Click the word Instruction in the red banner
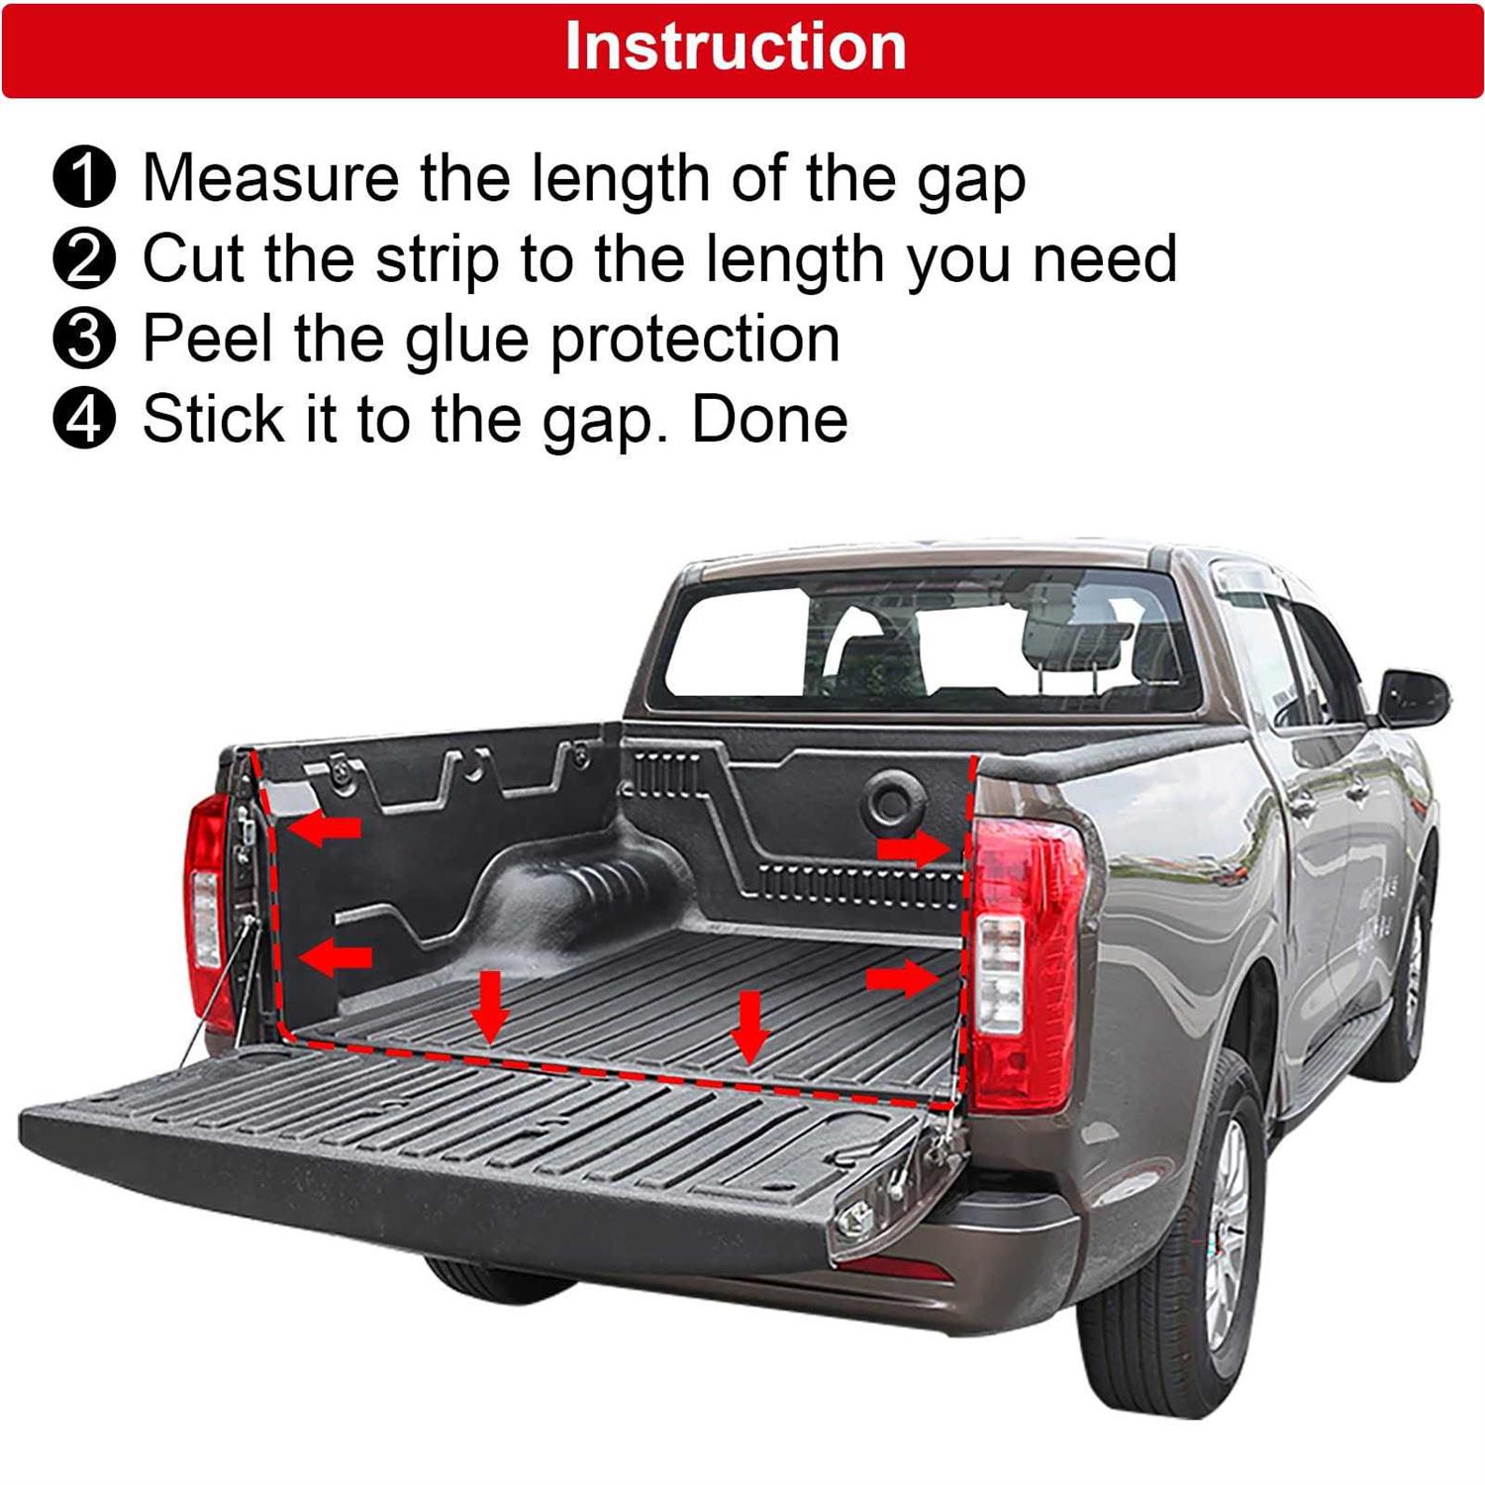(x=736, y=47)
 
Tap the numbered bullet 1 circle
(x=84, y=178)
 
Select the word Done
(x=769, y=420)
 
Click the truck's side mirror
(x=1415, y=697)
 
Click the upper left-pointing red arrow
(x=325, y=826)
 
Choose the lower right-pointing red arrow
(x=902, y=979)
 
